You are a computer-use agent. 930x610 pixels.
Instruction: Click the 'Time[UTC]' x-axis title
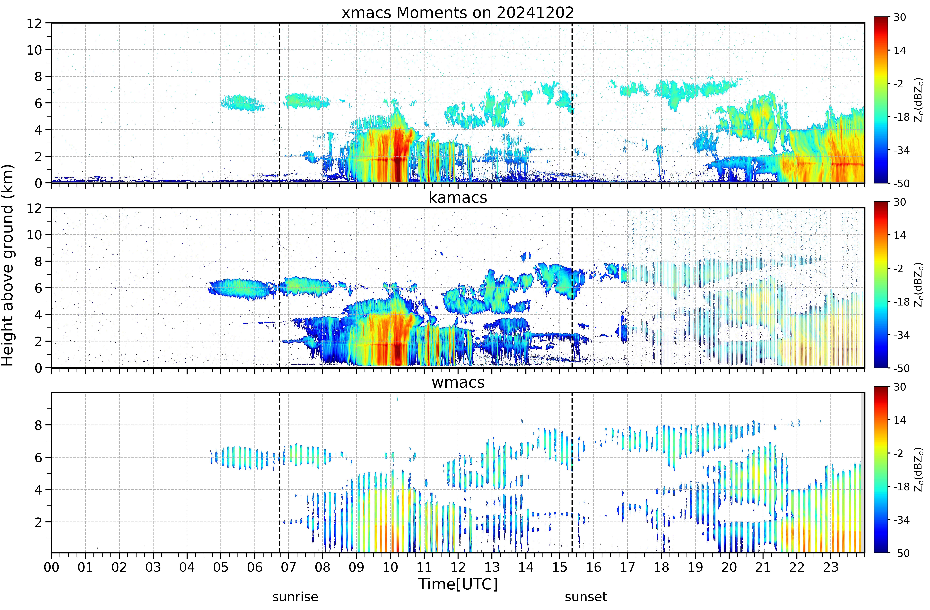[458, 584]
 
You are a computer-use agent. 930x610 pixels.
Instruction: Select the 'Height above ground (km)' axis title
[8, 265]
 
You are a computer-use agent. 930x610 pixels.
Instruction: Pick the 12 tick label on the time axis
[458, 567]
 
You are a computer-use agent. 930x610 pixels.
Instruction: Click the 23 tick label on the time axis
[831, 567]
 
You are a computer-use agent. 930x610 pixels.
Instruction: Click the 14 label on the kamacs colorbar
[900, 235]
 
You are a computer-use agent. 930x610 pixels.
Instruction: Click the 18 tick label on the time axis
[661, 567]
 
